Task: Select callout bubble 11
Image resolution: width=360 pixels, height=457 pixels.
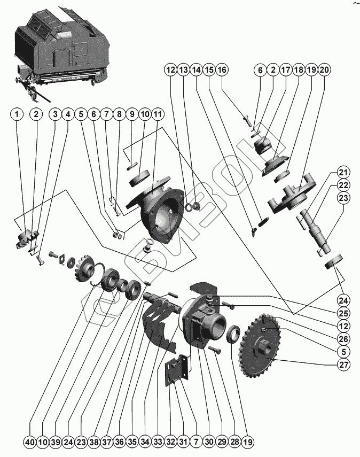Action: [x=158, y=114]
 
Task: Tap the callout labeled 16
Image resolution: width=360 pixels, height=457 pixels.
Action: [x=222, y=69]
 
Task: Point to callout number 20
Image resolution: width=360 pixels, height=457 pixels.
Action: [x=325, y=69]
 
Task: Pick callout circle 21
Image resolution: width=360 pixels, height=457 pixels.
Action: [x=342, y=172]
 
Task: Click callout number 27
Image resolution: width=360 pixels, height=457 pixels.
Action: [x=342, y=366]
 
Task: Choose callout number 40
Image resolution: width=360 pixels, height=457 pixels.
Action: [x=30, y=442]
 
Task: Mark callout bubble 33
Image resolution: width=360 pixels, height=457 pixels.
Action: [x=158, y=442]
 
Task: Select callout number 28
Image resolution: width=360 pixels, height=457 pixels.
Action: [x=234, y=442]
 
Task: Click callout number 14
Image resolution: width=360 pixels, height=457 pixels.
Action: [x=196, y=69]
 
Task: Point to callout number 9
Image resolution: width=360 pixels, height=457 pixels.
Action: [x=131, y=114]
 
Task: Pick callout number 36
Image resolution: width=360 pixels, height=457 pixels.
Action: [x=119, y=442]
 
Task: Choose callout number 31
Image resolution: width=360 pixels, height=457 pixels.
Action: [x=183, y=442]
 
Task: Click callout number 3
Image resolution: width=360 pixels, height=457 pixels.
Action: [x=55, y=114]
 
